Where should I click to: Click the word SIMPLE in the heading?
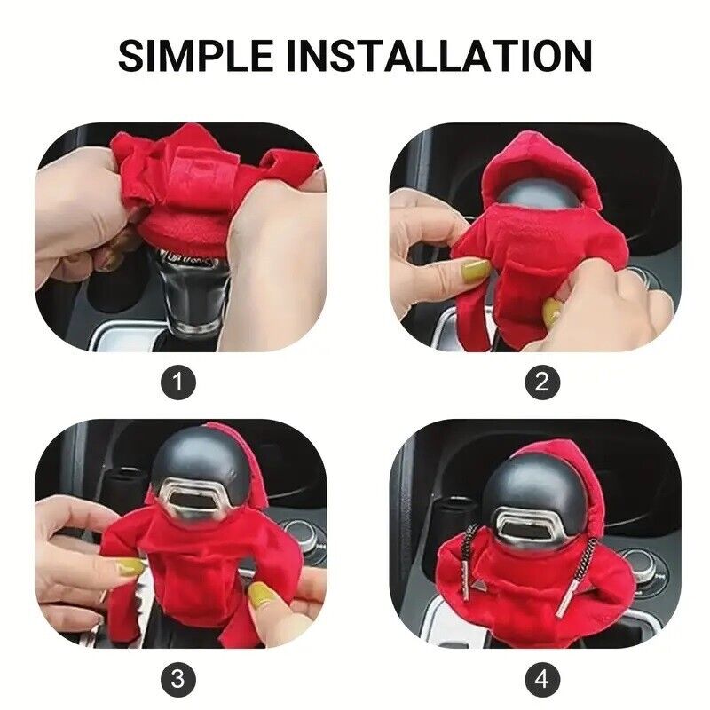point(195,56)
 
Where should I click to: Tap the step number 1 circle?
point(178,382)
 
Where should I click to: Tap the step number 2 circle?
point(542,382)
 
